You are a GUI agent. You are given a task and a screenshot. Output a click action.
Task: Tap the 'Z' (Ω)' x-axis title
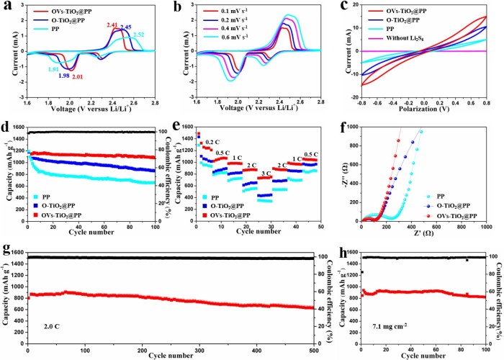[x=423, y=235]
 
